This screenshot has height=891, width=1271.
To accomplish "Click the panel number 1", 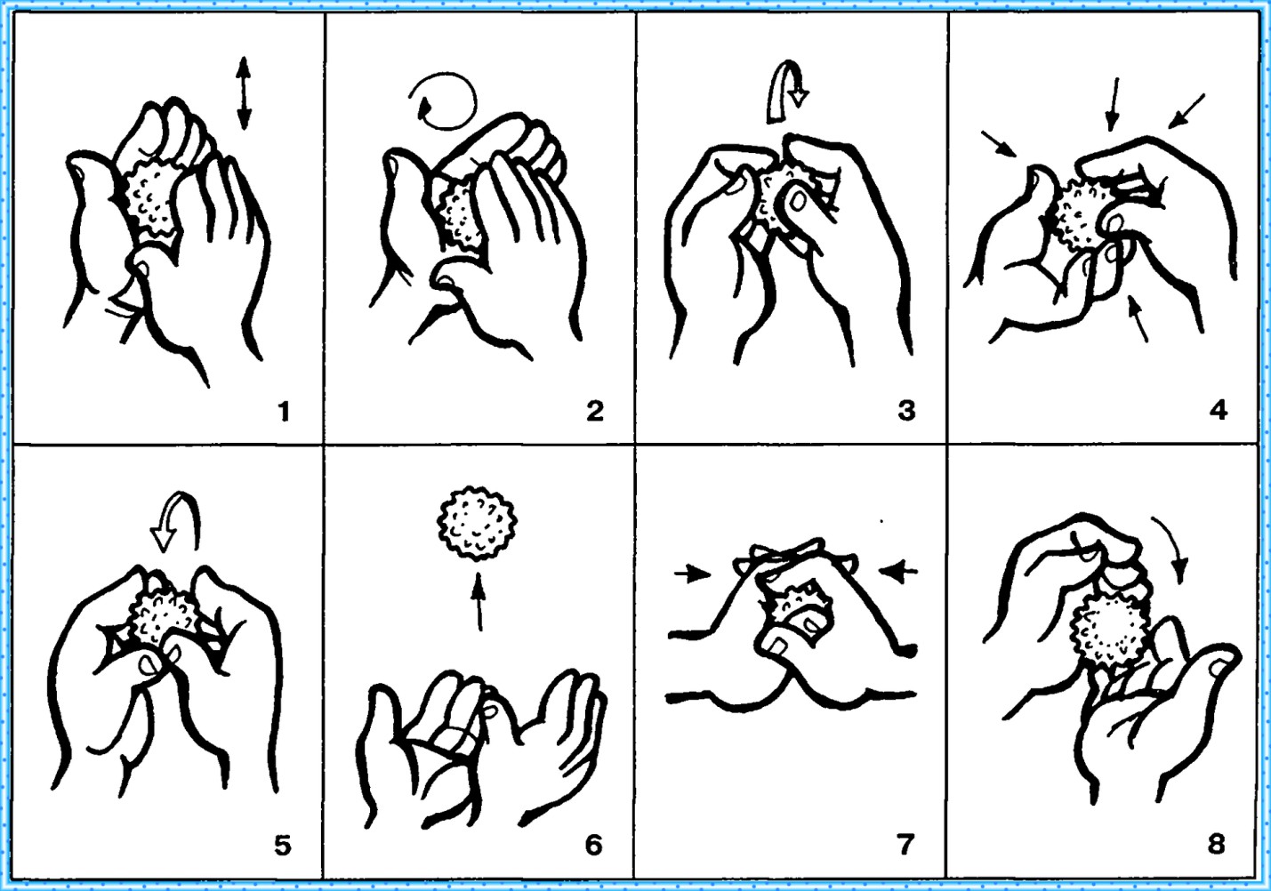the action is [x=285, y=411].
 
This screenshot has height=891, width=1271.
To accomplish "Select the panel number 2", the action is [x=595, y=411].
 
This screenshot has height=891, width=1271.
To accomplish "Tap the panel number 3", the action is [x=906, y=411].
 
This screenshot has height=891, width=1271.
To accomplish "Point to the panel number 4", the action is [x=1219, y=411].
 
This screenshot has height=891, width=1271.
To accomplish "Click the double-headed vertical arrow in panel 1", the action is [x=244, y=93].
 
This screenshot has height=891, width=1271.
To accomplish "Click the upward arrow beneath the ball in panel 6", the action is [x=479, y=601].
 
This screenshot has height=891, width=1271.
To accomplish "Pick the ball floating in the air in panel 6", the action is [x=477, y=523].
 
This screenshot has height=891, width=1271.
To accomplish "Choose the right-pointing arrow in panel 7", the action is [x=692, y=574].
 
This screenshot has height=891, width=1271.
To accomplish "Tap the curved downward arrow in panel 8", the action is [x=1172, y=547].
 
